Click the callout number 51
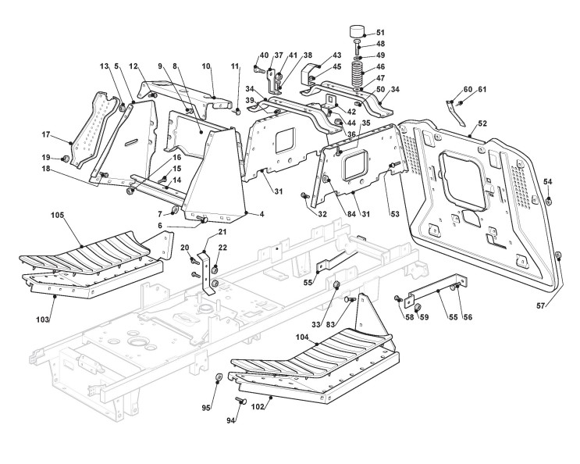tap(380, 33)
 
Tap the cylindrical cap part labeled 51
tap(357, 30)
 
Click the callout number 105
tap(57, 215)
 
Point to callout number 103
tap(42, 319)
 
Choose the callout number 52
tap(482, 123)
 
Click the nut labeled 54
tap(549, 201)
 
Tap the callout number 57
tap(541, 305)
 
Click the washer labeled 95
tap(219, 378)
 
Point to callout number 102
tap(258, 407)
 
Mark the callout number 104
tap(302, 337)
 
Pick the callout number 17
tap(45, 134)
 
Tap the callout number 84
tap(351, 214)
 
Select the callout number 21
tap(222, 232)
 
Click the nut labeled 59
tap(418, 307)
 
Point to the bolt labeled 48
tap(358, 48)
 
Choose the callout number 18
tap(45, 169)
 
